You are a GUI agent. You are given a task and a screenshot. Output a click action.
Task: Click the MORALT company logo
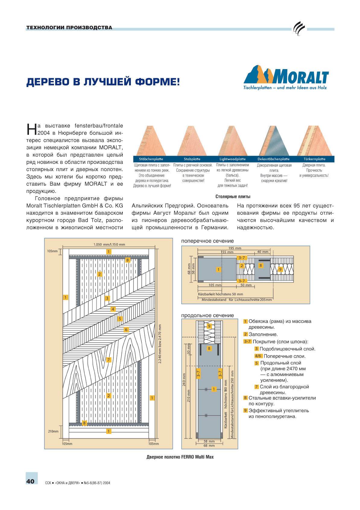pyautogui.click(x=286, y=77)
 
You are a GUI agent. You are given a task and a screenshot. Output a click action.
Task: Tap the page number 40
pyautogui.click(x=30, y=481)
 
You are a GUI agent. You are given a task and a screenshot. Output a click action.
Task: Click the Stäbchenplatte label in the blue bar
pyautogui.click(x=151, y=159)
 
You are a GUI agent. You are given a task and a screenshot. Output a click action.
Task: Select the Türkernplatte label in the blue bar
pyautogui.click(x=314, y=159)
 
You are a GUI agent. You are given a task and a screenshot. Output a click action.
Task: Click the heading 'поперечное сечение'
pyautogui.click(x=207, y=241)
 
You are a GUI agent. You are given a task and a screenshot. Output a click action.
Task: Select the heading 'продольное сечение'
pyautogui.click(x=207, y=315)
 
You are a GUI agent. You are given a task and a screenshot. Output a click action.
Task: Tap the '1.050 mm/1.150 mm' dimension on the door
pyautogui.click(x=109, y=244)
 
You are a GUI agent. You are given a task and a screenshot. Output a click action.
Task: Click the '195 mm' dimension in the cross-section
pyautogui.click(x=235, y=248)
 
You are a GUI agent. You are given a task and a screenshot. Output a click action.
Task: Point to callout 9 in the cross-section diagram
pyautogui.click(x=280, y=269)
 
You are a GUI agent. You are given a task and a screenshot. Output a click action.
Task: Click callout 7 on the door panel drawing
pyautogui.click(x=109, y=360)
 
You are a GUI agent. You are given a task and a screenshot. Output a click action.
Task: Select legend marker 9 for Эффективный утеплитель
pyautogui.click(x=245, y=410)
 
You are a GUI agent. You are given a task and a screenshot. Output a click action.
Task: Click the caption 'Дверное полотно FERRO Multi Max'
pyautogui.click(x=180, y=457)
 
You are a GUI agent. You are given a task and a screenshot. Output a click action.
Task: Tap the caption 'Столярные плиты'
pyautogui.click(x=233, y=196)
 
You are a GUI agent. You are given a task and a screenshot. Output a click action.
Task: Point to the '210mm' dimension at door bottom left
pyautogui.click(x=53, y=431)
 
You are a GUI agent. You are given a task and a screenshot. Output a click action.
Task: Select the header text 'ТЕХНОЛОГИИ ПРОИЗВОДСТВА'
pyautogui.click(x=69, y=27)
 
